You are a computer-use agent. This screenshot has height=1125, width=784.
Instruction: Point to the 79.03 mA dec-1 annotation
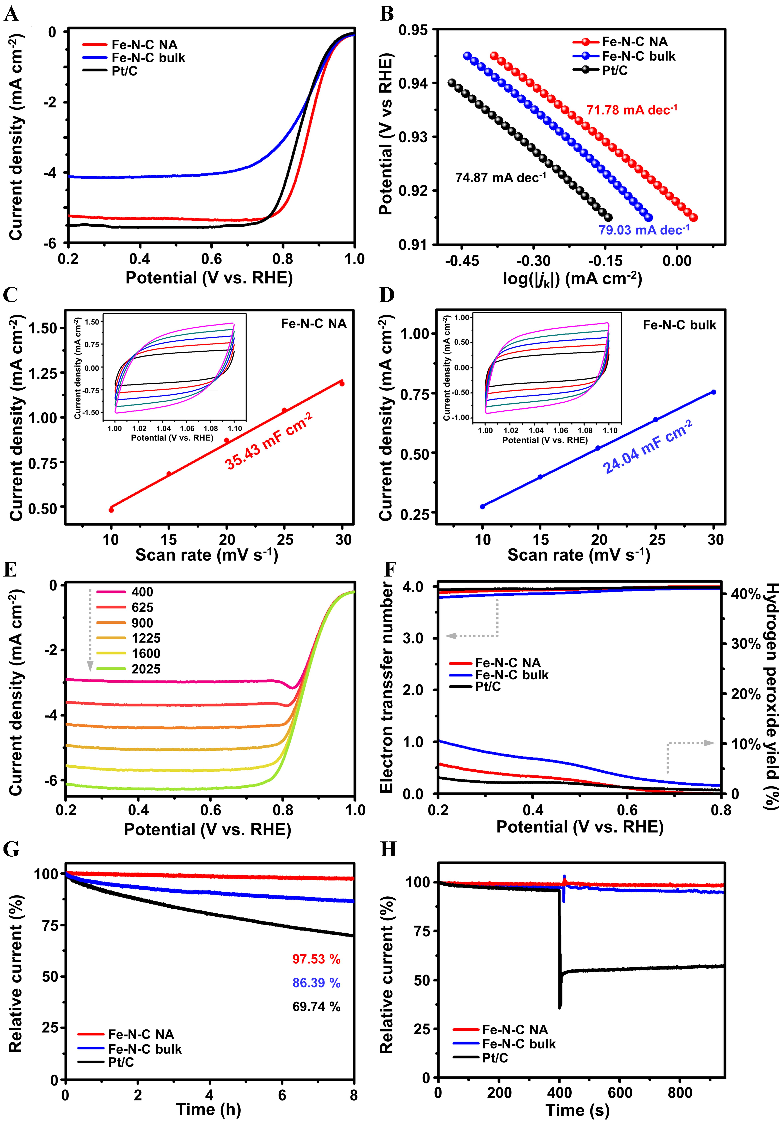click(x=643, y=229)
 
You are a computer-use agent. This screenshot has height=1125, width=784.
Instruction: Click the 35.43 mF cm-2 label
click(x=269, y=441)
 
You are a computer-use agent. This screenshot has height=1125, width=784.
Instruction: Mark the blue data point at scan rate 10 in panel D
click(x=483, y=506)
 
